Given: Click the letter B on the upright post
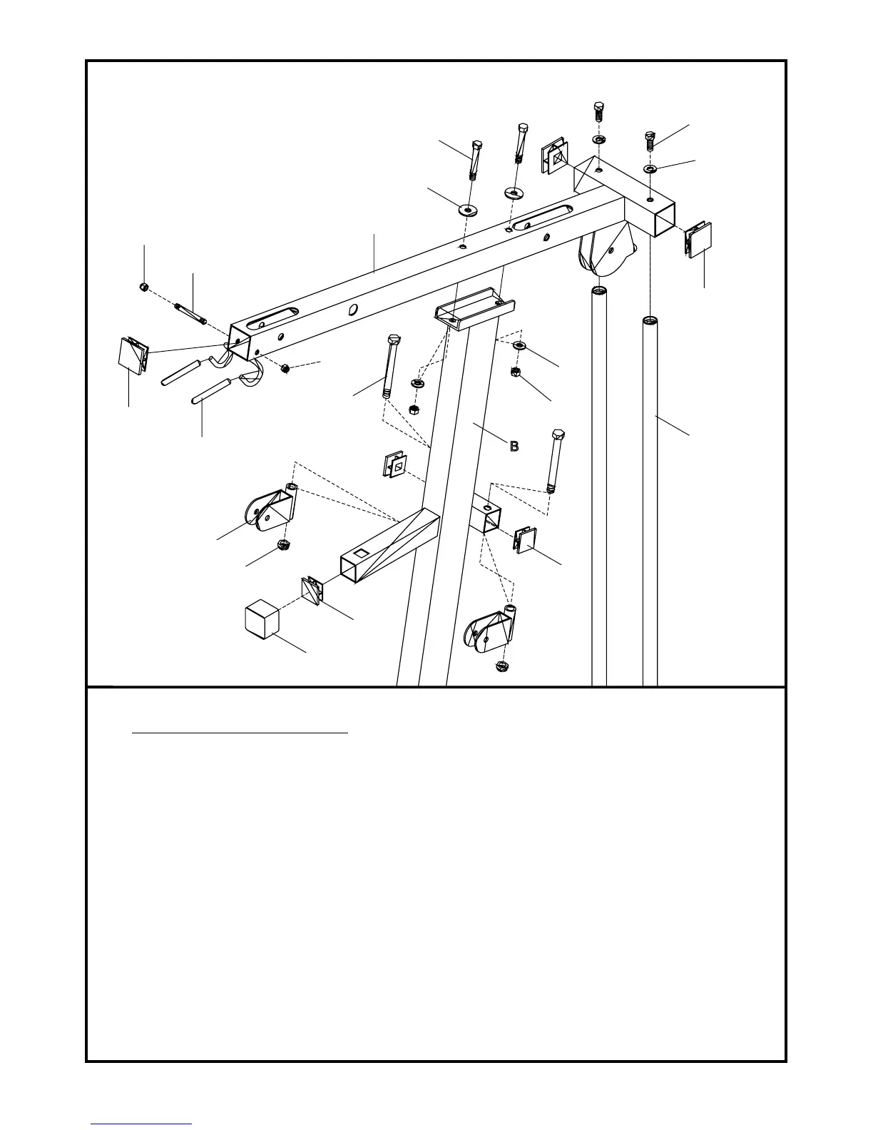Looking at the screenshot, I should coord(513,447).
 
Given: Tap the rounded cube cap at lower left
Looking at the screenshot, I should coord(260,619).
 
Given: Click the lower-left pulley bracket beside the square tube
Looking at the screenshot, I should coord(270,510).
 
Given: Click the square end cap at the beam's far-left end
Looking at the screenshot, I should coord(131,355).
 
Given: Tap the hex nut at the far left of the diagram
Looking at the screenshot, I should coord(143,287).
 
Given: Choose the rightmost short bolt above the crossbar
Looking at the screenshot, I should coord(650,140).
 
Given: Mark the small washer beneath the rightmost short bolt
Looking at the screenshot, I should coord(650,168).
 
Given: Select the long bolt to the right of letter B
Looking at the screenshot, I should coord(556,459).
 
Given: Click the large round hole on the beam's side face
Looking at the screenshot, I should coord(352,310).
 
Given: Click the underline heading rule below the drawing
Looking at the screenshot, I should coord(240,732).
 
